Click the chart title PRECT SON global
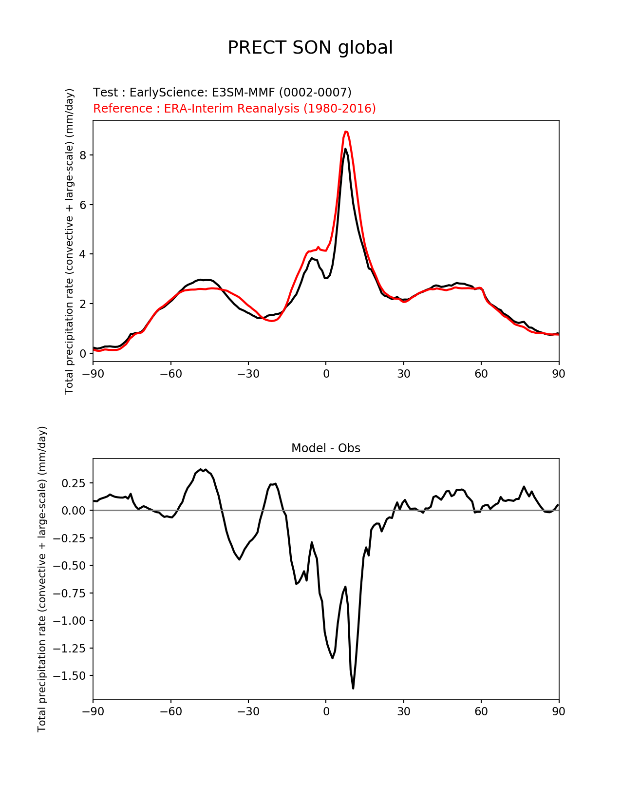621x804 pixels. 310,48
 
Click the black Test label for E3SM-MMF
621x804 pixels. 222,93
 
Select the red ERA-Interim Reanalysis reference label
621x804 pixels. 234,108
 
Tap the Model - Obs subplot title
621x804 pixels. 325,448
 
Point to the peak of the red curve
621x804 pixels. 345,132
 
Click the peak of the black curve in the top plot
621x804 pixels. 345,149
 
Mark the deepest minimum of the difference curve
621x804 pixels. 353,688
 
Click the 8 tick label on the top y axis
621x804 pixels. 83,155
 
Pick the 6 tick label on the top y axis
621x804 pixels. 83,205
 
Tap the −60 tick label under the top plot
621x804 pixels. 170,374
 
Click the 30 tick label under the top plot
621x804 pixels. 403,374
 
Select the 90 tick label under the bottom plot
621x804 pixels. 559,711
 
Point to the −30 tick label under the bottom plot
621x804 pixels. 248,711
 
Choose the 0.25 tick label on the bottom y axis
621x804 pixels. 73,483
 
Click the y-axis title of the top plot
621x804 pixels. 70,241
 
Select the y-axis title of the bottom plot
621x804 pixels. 42,579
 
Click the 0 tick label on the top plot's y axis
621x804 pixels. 83,354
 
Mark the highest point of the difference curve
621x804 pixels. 201,469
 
